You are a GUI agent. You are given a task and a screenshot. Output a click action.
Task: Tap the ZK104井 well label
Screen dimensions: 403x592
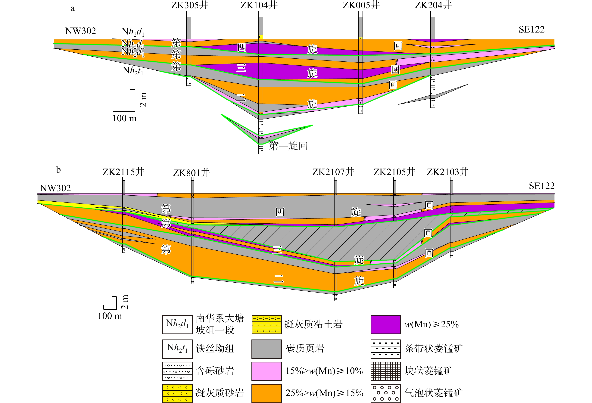(259, 5)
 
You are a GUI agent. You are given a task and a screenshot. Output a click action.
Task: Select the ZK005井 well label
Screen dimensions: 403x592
(361, 5)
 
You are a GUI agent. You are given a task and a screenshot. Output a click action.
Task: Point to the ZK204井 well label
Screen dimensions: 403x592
(433, 5)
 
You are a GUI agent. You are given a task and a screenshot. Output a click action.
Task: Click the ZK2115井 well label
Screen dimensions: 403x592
(123, 172)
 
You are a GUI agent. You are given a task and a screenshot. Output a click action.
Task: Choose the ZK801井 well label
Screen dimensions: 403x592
(192, 173)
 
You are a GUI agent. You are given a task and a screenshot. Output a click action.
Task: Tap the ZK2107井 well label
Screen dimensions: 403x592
(333, 172)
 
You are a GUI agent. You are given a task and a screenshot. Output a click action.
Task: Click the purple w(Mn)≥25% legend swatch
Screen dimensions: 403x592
(385, 324)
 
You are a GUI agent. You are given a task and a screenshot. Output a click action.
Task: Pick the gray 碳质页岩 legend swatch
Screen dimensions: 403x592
(266, 349)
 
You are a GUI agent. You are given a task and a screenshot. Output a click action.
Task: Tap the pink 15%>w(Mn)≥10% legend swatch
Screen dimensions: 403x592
(266, 371)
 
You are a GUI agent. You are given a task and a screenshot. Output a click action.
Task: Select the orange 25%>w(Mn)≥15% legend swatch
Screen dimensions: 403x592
(266, 393)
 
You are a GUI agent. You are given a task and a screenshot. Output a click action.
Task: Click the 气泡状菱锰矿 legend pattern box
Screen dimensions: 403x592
(385, 393)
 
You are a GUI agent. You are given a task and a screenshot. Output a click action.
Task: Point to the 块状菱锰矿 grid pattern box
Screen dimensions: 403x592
(385, 371)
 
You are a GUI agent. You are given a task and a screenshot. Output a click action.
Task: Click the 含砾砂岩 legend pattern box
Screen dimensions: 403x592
(177, 371)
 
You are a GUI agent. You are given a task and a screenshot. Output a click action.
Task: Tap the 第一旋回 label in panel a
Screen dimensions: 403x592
(288, 146)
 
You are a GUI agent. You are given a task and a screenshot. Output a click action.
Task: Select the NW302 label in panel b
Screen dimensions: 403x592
(55, 188)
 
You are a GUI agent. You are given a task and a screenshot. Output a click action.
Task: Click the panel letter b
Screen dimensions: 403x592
(58, 170)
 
